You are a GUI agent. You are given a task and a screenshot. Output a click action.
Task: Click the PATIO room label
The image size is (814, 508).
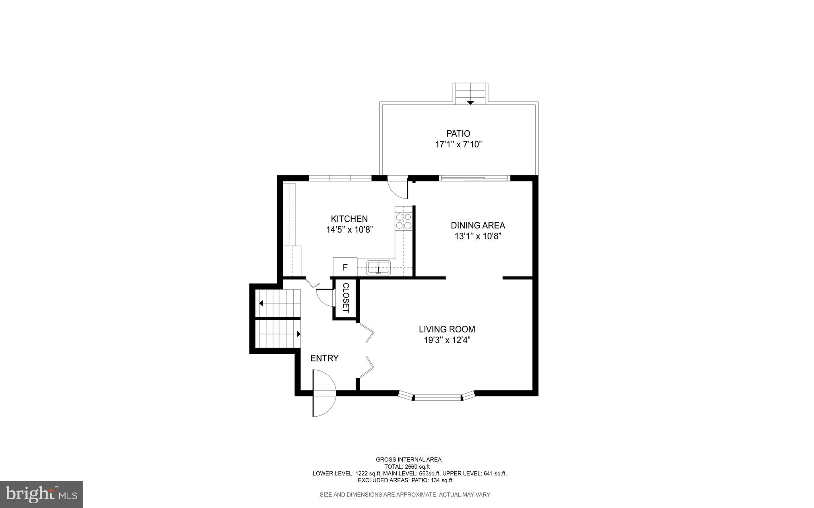(x=458, y=133)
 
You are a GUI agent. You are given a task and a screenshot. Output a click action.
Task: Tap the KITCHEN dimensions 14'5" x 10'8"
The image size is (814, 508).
(x=349, y=230)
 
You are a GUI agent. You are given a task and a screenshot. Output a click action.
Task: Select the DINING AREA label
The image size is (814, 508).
(x=478, y=225)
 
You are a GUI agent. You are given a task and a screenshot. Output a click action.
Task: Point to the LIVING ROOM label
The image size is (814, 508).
(x=447, y=329)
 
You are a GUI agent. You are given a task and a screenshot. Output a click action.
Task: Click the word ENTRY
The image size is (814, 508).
(x=324, y=358)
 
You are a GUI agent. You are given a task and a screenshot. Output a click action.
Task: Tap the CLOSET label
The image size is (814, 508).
(x=345, y=298)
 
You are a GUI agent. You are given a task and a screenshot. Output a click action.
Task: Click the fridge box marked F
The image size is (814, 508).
(x=345, y=267)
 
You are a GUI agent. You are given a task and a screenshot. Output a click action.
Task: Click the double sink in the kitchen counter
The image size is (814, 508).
(x=378, y=267)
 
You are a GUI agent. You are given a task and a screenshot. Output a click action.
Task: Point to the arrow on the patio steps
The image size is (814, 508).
(x=470, y=102)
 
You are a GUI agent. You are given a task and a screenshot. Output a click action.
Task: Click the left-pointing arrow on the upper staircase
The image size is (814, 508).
(x=261, y=303)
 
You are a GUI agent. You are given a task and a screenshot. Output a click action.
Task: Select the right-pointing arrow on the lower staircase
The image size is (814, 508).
(x=298, y=334)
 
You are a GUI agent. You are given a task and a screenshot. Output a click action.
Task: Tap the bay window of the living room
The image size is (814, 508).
(x=437, y=396)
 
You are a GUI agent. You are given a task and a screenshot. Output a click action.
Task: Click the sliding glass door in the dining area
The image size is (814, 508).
(x=475, y=178)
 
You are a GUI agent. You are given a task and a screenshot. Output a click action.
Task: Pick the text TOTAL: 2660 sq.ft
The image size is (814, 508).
(x=407, y=467)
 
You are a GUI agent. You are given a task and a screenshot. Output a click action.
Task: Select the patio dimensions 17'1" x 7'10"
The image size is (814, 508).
(x=458, y=145)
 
